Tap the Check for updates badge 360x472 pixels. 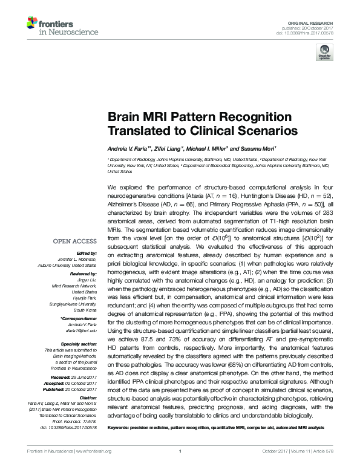(324, 54)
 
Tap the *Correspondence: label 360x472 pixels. (79, 318)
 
